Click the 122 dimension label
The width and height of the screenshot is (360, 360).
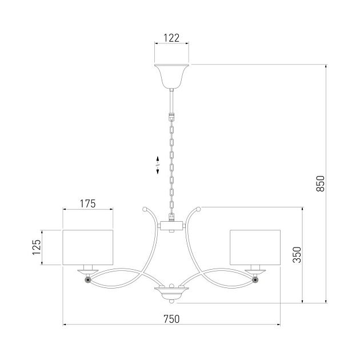pos(171,38)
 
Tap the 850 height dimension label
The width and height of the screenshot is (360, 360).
pos(321,183)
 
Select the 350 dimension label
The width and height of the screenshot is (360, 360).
pos(297,255)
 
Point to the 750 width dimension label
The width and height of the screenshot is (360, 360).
pos(171,319)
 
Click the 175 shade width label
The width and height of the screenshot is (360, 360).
pos(87,203)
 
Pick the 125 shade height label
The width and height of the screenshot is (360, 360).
pos(37,247)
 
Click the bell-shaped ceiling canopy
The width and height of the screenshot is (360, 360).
pos(172,76)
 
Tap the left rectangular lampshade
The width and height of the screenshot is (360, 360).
pos(88,247)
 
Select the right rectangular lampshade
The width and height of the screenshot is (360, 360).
pos(255,247)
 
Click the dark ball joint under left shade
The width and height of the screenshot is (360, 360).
pos(87,280)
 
